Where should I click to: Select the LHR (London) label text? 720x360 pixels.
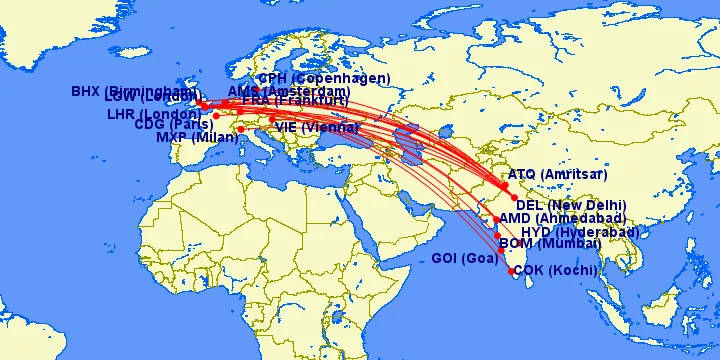click(x=156, y=114)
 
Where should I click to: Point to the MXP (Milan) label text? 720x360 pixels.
click(x=195, y=138)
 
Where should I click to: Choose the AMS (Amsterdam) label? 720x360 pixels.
click(x=289, y=91)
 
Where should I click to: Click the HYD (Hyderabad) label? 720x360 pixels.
click(x=580, y=232)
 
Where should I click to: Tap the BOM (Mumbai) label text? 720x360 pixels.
click(x=550, y=244)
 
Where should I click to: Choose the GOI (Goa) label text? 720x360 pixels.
click(x=464, y=259)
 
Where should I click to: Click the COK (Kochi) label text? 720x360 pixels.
click(x=556, y=270)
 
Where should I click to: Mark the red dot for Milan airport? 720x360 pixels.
click(x=240, y=130)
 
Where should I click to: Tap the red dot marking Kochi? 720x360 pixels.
click(x=511, y=271)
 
